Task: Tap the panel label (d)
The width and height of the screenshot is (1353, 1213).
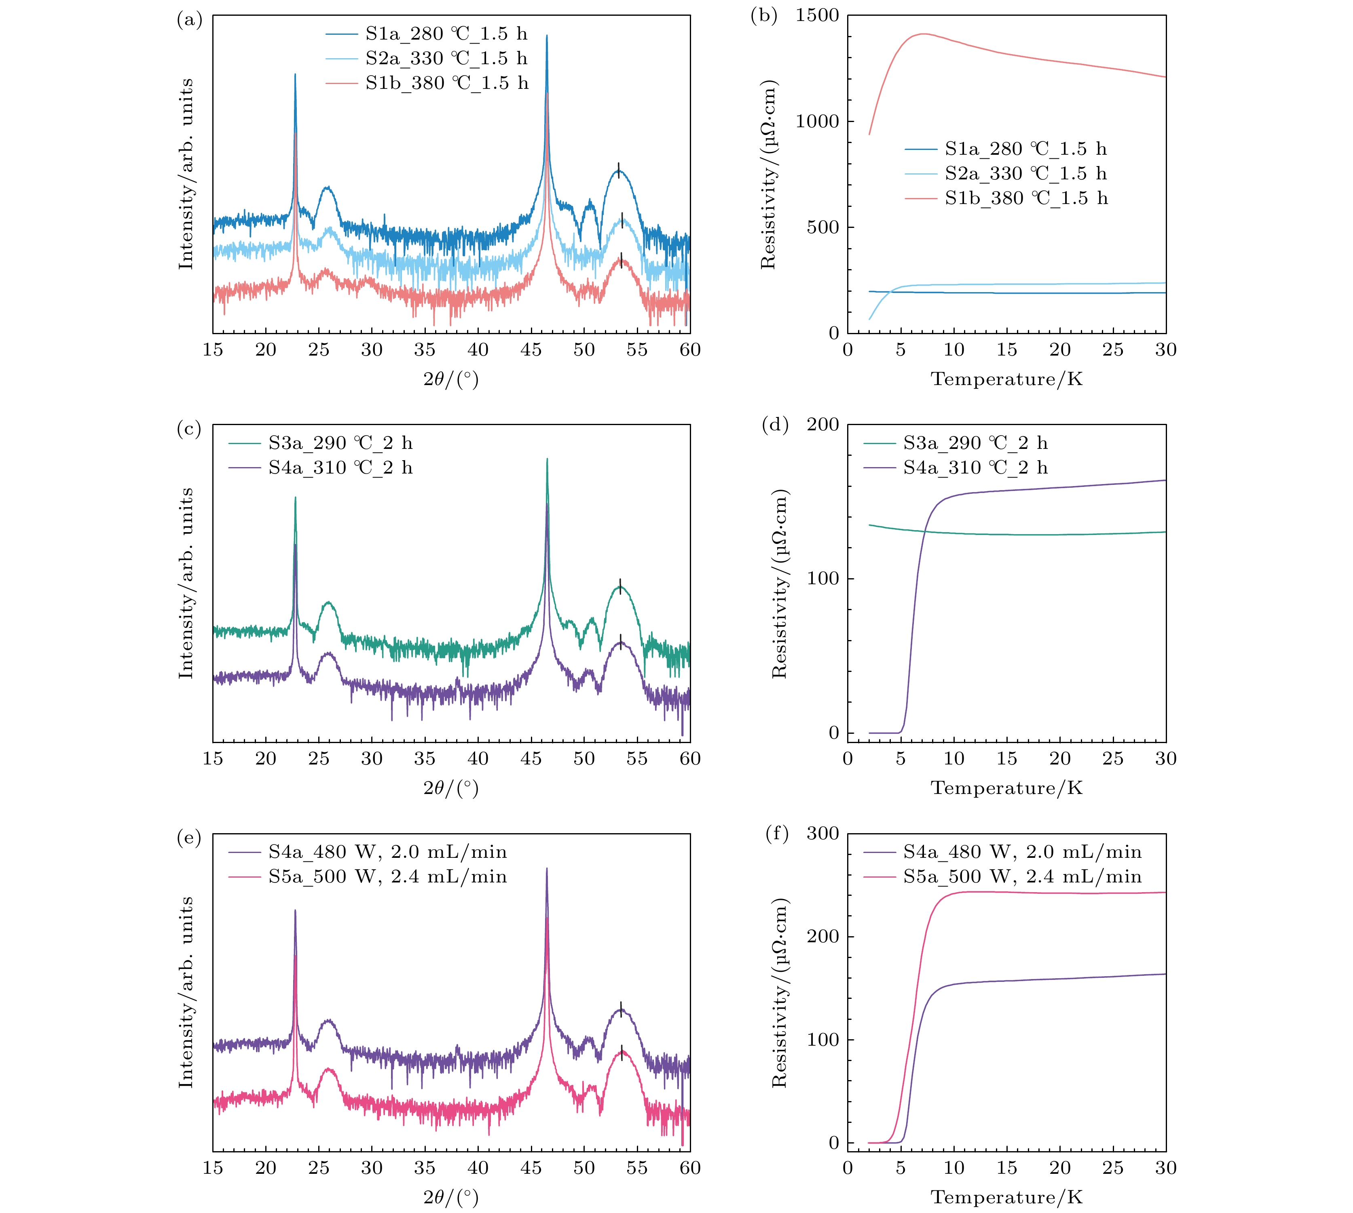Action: click(775, 425)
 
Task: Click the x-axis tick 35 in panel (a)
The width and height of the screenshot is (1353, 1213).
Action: click(425, 350)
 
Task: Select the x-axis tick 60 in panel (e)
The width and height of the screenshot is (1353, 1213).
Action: click(690, 1168)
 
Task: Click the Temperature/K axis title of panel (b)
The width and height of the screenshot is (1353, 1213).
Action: click(1006, 379)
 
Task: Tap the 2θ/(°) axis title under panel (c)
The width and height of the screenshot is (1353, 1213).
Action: click(451, 788)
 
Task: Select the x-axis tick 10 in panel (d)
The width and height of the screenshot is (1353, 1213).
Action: click(953, 758)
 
